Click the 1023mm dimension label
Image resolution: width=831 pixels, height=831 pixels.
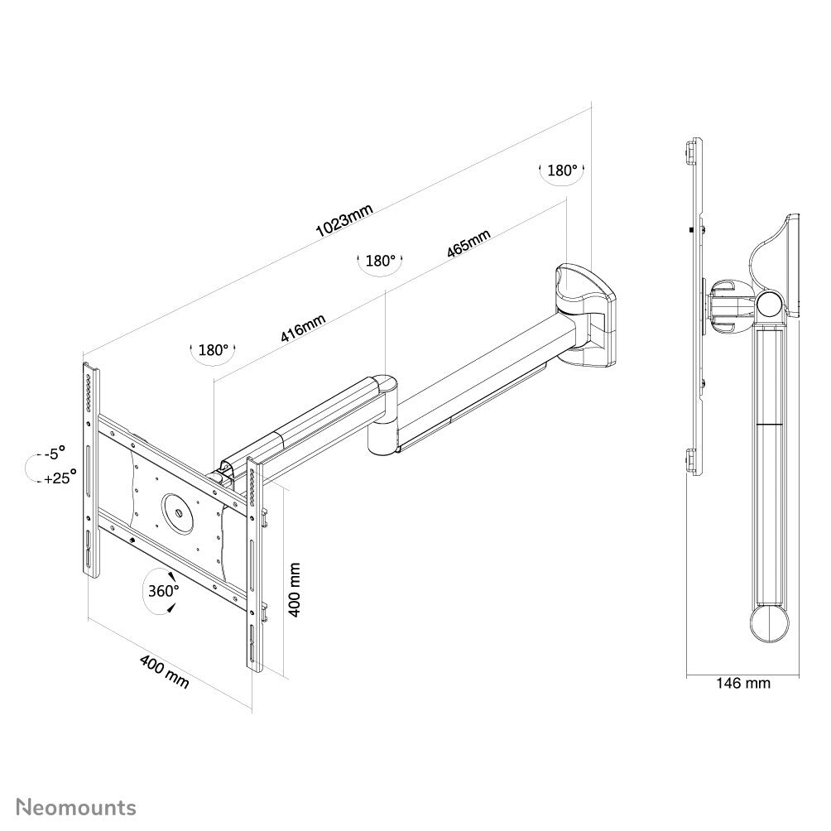point(344,220)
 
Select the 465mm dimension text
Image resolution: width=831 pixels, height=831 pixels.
point(468,243)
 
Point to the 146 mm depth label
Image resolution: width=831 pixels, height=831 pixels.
point(742,683)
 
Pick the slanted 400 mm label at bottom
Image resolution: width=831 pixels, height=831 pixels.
point(164,671)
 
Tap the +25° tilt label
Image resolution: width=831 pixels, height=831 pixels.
point(60,477)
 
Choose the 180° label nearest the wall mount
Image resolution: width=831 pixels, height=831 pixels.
point(562,171)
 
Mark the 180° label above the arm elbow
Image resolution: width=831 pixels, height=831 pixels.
point(380,260)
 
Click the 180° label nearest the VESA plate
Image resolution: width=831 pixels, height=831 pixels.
point(213,350)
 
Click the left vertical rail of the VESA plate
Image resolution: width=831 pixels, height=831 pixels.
point(90,472)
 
